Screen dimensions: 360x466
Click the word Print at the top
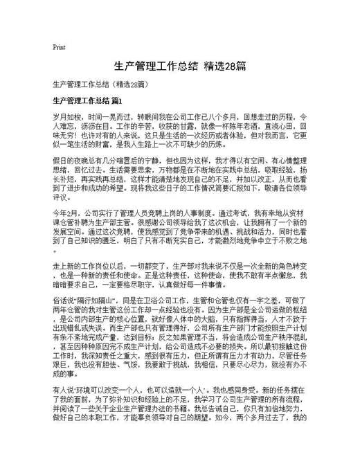tap(59, 48)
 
